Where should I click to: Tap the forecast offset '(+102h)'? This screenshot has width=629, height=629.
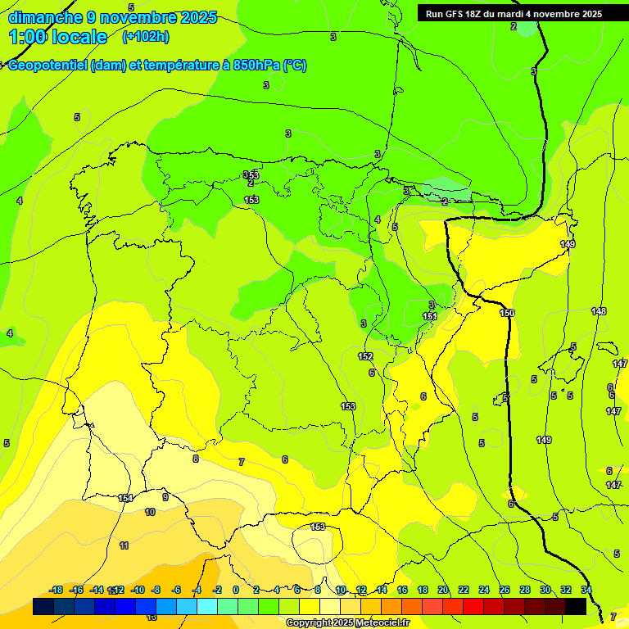tap(145, 37)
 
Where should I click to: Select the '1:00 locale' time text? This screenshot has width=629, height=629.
tap(57, 37)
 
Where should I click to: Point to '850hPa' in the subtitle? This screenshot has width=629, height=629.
tap(256, 66)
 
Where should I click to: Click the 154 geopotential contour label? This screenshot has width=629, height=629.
tap(125, 498)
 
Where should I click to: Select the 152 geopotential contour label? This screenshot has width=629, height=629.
tap(365, 356)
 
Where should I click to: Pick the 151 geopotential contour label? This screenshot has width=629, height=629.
tap(430, 316)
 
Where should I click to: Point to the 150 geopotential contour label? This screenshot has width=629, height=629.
tap(507, 313)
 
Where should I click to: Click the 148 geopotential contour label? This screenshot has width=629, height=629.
tap(599, 311)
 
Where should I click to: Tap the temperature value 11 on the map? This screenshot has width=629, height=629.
tap(124, 545)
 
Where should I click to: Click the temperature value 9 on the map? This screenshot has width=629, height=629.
tap(165, 497)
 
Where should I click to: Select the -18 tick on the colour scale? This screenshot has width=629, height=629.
tap(56, 590)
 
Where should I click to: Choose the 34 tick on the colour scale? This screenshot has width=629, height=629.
tap(586, 590)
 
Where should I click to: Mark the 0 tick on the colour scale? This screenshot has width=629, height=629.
tap(236, 590)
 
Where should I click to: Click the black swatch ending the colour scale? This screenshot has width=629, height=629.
tap(576, 606)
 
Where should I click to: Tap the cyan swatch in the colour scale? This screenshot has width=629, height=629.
tap(207, 606)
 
